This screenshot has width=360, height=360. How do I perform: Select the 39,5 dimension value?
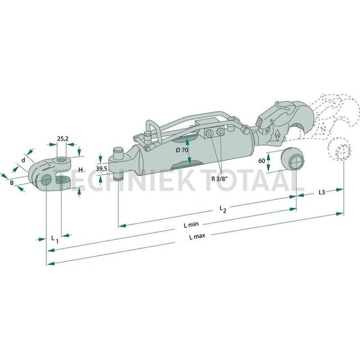click(101, 168)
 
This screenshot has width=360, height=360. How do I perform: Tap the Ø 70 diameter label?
click(182, 151)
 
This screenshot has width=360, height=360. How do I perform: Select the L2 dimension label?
click(222, 209)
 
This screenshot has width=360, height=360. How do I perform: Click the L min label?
click(192, 225)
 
